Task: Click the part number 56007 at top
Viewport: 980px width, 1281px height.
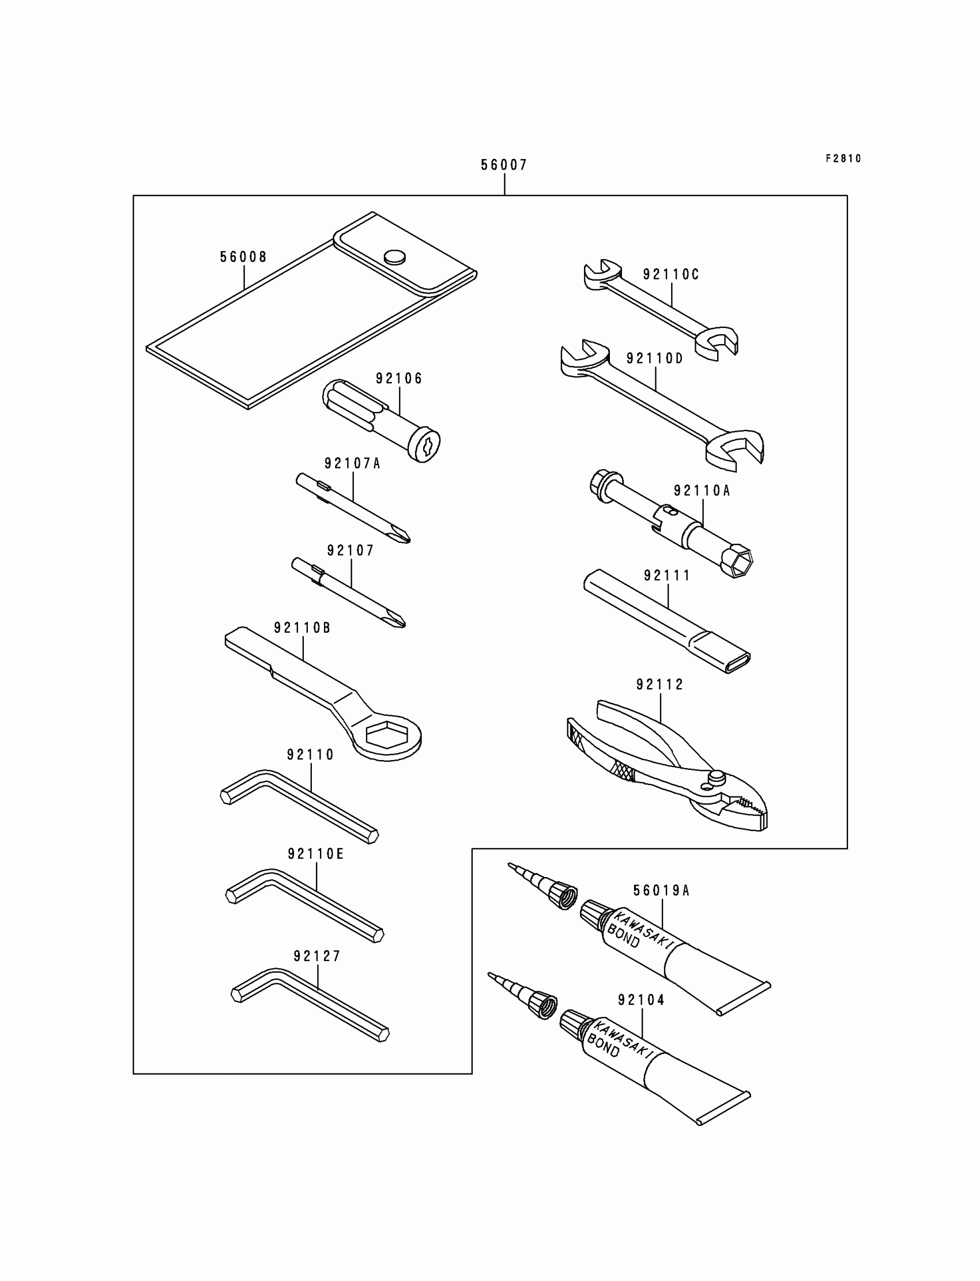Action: click(503, 165)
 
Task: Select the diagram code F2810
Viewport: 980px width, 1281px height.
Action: click(843, 158)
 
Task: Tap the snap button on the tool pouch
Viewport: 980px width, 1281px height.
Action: click(395, 256)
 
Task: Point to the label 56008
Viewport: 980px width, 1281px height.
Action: click(243, 257)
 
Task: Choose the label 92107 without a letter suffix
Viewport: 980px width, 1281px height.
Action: click(350, 550)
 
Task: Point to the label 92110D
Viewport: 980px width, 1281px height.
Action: click(654, 358)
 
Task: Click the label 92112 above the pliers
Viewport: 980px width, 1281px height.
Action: click(659, 685)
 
